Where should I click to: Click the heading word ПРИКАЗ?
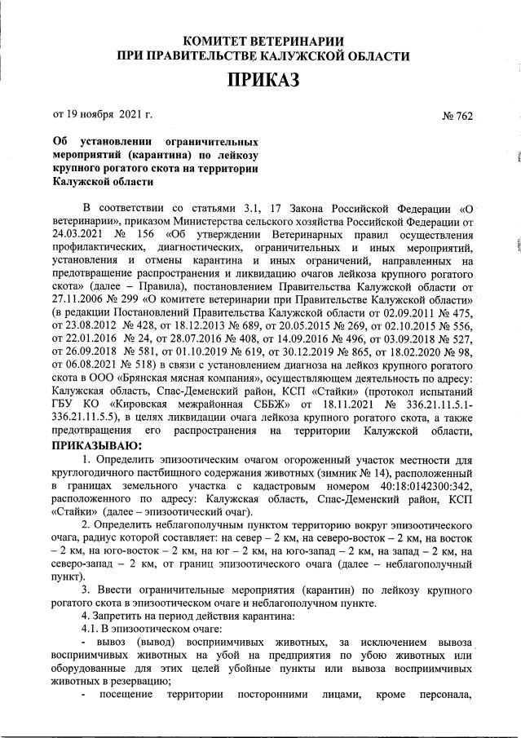click(x=263, y=80)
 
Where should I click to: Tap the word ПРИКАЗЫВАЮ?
click(x=97, y=445)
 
